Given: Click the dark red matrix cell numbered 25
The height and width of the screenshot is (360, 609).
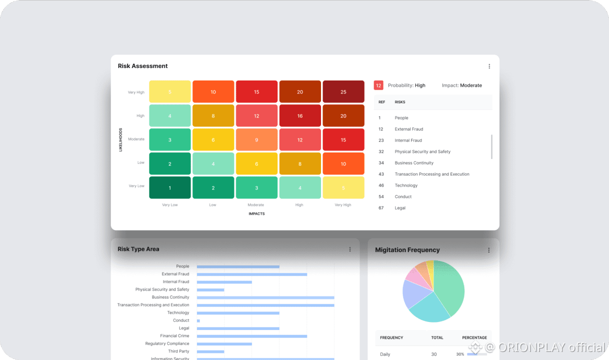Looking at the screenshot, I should [343, 92].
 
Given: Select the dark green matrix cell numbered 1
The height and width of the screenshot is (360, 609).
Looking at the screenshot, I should [170, 188].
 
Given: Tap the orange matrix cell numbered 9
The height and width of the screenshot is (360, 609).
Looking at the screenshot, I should [256, 140].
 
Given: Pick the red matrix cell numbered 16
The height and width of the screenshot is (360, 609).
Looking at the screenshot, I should [300, 116].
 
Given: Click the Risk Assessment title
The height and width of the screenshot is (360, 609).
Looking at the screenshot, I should [143, 66].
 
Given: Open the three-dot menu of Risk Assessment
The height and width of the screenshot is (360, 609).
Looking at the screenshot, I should [489, 66].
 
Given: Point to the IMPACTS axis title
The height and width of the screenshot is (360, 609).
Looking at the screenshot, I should [256, 214].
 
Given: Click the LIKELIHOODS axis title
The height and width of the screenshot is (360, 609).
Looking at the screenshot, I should [120, 139].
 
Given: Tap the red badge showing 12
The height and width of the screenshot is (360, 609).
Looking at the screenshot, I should [378, 85].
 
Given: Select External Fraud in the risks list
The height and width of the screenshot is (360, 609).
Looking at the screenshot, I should [409, 129].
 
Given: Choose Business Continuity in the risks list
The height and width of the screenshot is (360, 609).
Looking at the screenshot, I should [414, 163].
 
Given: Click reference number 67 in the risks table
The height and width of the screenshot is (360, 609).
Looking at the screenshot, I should [381, 208].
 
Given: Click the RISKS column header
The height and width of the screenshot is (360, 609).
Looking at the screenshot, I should [400, 102].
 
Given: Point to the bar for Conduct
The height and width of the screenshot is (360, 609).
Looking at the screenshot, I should [198, 320].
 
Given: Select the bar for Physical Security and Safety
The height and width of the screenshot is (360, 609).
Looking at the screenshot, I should [210, 289].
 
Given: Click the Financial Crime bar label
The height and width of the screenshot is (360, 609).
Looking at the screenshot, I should [174, 336].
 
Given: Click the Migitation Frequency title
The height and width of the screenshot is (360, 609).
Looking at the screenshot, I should [407, 250].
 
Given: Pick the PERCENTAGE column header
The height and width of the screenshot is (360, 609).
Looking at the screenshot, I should [474, 337].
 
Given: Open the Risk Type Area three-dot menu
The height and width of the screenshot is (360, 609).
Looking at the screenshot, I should [350, 249].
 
